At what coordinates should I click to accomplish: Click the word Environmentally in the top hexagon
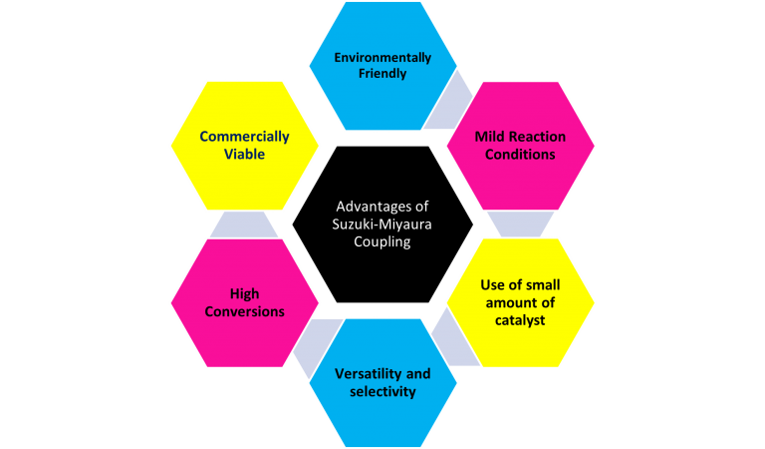(382, 58)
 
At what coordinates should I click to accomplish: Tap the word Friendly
(382, 74)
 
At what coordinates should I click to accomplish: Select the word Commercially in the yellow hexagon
(244, 137)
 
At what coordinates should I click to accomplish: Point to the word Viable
(244, 154)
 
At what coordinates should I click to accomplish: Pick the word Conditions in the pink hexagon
(520, 155)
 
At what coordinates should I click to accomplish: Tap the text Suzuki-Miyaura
(382, 224)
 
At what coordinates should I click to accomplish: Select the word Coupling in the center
(382, 241)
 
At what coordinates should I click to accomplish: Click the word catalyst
(520, 320)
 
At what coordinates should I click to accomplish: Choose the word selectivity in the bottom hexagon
(382, 391)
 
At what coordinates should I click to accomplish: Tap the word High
(244, 293)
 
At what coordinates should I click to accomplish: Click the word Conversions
(244, 311)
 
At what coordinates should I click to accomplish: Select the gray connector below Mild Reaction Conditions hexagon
(521, 224)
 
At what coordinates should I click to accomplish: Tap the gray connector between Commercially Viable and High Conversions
(244, 224)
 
